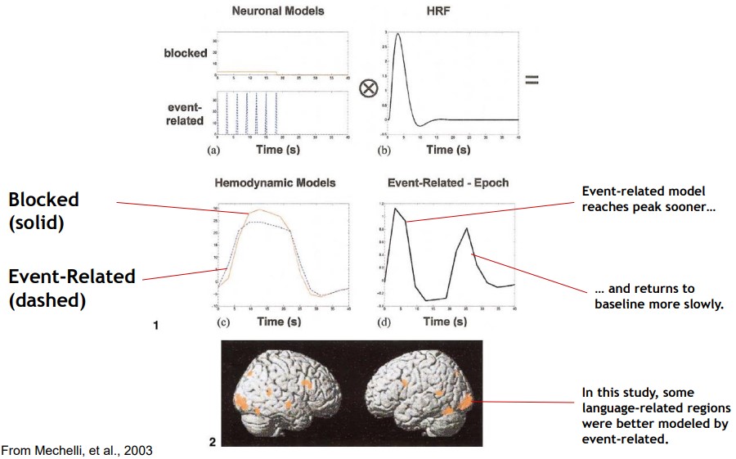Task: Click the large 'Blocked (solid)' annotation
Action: coord(44,210)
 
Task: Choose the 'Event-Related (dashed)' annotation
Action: coord(72,288)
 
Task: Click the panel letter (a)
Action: coord(214,150)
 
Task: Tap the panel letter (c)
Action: coord(220,321)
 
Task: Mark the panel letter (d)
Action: coord(385,321)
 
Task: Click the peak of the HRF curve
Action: coord(397,34)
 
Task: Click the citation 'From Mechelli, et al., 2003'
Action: coord(76,450)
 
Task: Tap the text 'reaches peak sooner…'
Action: coord(648,207)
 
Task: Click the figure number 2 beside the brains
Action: coord(213,443)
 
